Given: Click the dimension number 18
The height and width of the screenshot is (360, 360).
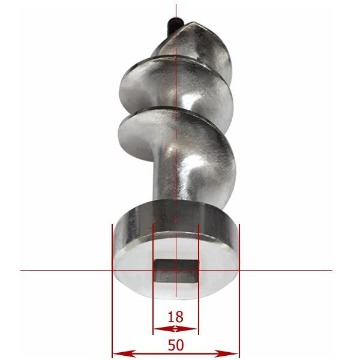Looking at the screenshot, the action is click(176, 317).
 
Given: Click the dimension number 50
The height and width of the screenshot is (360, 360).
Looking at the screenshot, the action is click(176, 345).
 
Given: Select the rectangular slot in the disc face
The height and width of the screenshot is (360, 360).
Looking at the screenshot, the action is click(176, 272).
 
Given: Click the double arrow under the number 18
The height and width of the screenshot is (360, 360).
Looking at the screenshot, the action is click(176, 329).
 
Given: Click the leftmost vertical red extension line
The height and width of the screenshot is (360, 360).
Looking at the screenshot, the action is click(112, 290).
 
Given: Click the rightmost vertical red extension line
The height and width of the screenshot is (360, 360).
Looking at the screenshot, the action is click(239, 290).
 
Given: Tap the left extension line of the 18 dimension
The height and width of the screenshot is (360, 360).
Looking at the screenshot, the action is click(153, 279).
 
